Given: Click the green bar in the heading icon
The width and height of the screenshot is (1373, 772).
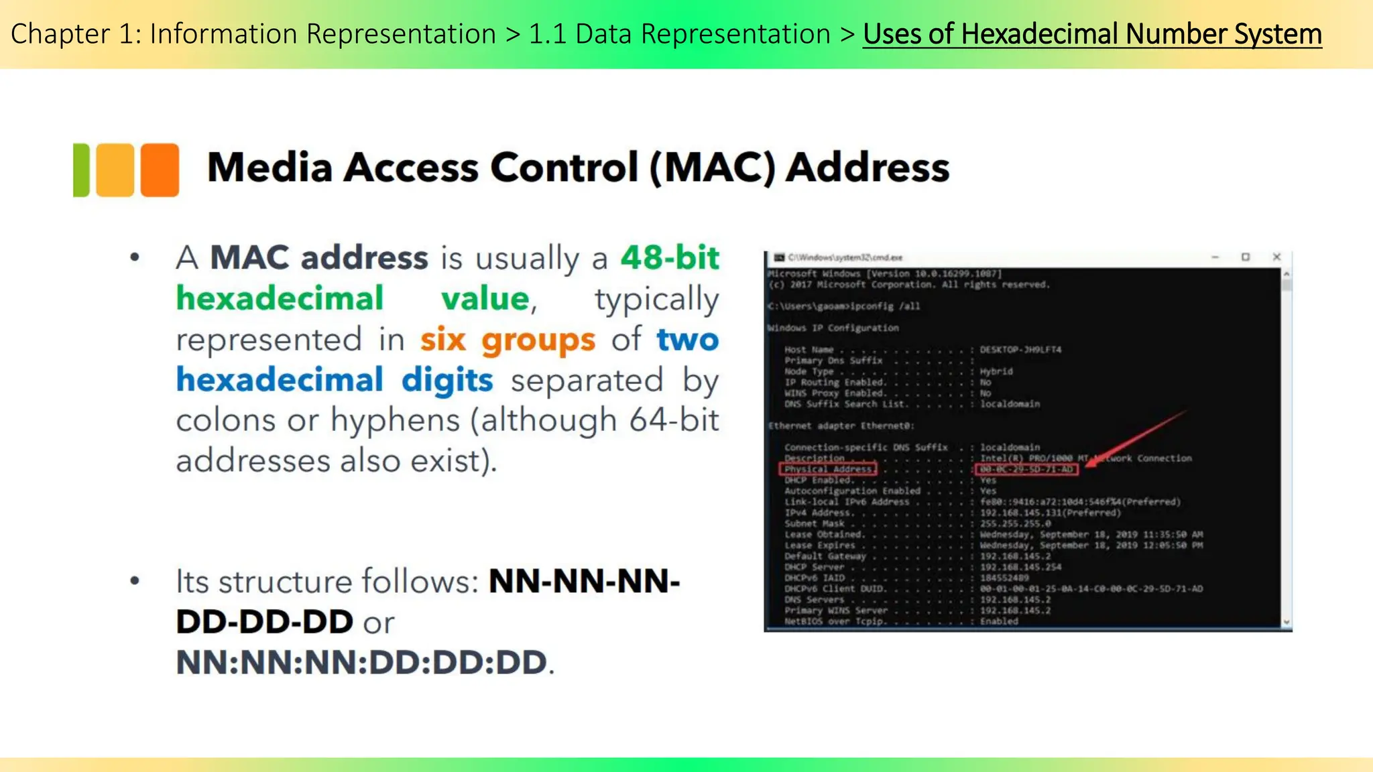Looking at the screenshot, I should pos(80,170).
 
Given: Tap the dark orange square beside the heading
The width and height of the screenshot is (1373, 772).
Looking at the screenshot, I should pos(160,170).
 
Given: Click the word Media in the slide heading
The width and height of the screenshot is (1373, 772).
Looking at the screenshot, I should pos(270,168).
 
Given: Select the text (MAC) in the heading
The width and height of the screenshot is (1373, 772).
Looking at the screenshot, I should pos(712,168).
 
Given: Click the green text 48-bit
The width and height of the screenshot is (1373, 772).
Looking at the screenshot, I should pos(670,258).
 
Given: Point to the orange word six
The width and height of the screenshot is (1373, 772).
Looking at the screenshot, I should pos(442,340).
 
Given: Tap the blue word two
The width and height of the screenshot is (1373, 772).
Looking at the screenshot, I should pos(687,340).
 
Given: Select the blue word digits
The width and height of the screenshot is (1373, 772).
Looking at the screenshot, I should pos(447,380).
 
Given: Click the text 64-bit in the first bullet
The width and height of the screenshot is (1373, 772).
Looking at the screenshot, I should pos(674,421).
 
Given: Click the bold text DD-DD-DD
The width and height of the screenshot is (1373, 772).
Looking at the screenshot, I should pos(264,623).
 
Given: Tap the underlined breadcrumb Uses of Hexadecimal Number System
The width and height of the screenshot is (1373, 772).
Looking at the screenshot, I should pos(1092,34).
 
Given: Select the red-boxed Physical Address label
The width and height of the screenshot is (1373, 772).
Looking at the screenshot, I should pos(828,469).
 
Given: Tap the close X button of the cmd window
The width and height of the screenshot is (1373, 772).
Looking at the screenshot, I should pos(1276,257).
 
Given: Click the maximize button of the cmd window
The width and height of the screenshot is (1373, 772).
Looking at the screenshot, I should pos(1246,257).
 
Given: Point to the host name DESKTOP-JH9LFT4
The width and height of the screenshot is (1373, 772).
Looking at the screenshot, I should pos(1020,350).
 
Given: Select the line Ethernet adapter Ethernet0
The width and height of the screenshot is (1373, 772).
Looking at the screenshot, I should pos(841,426).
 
